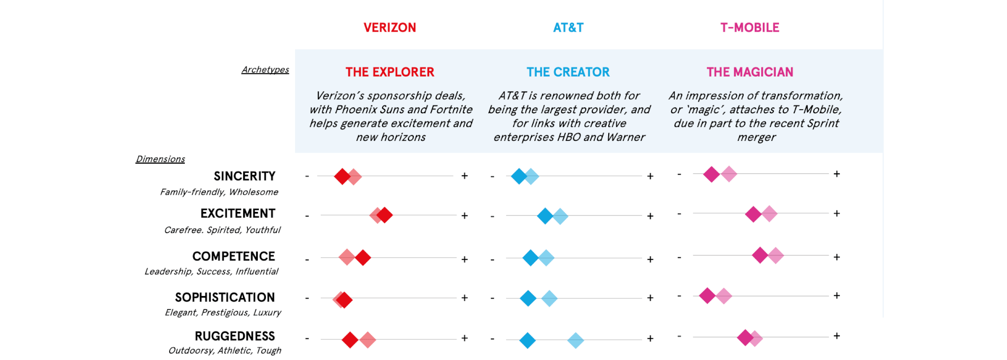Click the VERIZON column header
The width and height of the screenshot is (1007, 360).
click(x=390, y=28)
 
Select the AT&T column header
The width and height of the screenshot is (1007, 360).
click(x=568, y=28)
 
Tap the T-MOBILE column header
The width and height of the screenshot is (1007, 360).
click(x=750, y=28)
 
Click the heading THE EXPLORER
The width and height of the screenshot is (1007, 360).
click(x=390, y=72)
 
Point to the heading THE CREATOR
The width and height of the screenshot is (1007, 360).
click(x=568, y=72)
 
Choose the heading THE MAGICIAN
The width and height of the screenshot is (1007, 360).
click(x=750, y=72)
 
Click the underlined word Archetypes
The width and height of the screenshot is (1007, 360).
click(x=265, y=69)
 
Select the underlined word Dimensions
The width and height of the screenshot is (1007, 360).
click(x=160, y=159)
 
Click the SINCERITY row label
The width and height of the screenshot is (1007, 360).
click(x=245, y=176)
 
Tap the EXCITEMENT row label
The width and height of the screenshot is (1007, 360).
click(x=238, y=213)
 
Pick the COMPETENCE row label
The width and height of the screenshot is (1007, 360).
click(x=234, y=256)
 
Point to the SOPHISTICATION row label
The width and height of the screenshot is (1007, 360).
click(x=225, y=298)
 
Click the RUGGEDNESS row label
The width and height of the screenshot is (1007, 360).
click(x=235, y=336)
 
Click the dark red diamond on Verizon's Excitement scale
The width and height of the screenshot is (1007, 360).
click(x=385, y=215)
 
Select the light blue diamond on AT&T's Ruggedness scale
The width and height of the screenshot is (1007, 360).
click(x=576, y=340)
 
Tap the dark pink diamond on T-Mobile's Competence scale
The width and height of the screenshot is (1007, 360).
click(x=760, y=255)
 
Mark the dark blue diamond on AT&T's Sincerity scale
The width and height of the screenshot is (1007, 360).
click(x=519, y=176)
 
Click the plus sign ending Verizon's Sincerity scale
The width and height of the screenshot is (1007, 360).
click(x=465, y=176)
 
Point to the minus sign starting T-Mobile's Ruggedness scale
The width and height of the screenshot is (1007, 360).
click(x=679, y=336)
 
